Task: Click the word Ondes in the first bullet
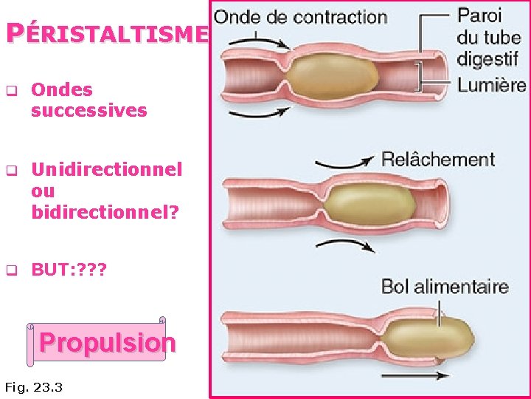tap(62, 90)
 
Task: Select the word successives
tap(89, 111)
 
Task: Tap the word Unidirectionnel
tap(106, 169)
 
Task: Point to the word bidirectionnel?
tap(105, 213)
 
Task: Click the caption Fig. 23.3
tap(33, 386)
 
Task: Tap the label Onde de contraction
tap(300, 16)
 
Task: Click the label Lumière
tap(492, 84)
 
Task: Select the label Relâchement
tap(437, 159)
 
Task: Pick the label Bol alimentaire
tap(444, 286)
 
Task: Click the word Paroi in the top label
tap(479, 15)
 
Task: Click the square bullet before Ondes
tap(12, 92)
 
